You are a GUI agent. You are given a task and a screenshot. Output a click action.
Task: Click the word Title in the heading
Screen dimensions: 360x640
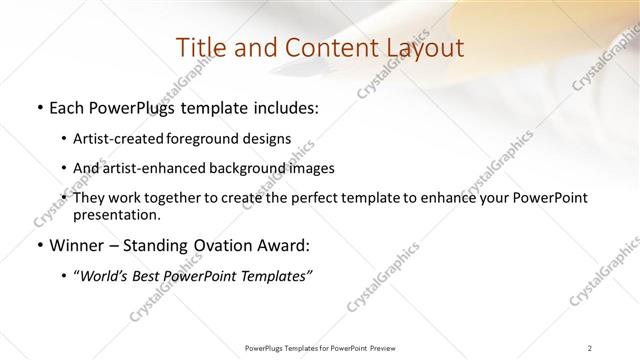pos(199,48)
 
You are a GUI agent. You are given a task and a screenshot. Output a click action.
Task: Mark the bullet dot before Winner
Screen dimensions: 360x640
pos(39,244)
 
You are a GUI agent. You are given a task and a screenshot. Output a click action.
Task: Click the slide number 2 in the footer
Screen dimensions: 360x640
pos(590,347)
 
